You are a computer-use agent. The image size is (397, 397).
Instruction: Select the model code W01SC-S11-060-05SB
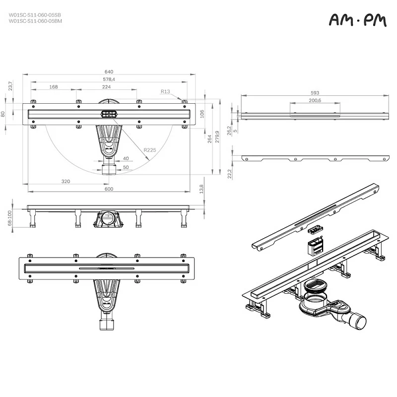tap(35, 15)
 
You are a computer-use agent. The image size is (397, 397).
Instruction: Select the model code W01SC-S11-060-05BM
tap(35, 21)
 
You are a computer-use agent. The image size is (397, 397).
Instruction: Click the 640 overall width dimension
tap(109, 72)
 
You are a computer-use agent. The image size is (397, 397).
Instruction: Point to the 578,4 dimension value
tap(109, 79)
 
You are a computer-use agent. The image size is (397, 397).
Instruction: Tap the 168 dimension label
tap(53, 87)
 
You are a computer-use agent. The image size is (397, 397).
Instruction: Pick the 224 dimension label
tap(106, 87)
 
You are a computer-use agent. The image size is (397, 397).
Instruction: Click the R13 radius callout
tap(165, 91)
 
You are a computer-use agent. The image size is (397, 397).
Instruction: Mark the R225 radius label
tap(149, 150)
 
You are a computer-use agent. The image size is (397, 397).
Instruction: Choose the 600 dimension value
tap(109, 189)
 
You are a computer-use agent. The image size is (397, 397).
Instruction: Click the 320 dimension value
tap(66, 181)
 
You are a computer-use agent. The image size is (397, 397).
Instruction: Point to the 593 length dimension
tap(315, 92)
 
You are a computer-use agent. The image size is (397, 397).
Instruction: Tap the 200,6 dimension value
tap(315, 100)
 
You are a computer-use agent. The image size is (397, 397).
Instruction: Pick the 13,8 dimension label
tap(201, 190)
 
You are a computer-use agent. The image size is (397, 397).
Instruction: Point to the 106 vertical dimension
tap(202, 114)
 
